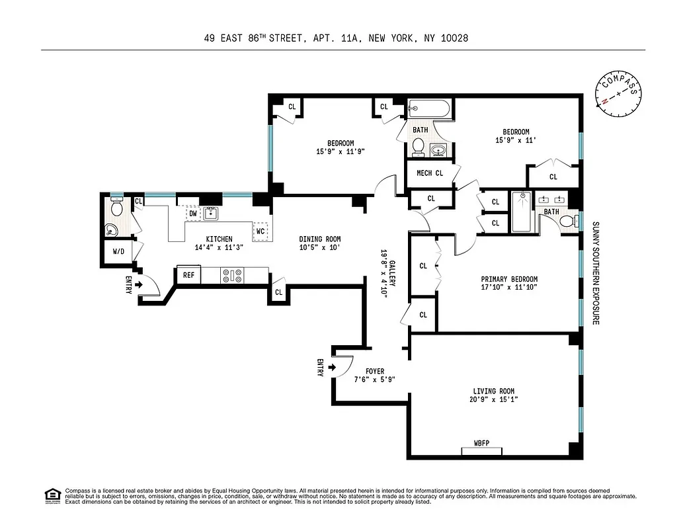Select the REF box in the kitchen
188,274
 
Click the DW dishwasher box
192,214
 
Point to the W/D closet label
118,251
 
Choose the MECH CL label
429,173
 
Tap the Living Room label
493,391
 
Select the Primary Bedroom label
509,279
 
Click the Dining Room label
319,239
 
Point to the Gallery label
392,272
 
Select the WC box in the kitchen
261,231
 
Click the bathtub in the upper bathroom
429,108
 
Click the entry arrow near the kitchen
138,285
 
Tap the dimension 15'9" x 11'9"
341,151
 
